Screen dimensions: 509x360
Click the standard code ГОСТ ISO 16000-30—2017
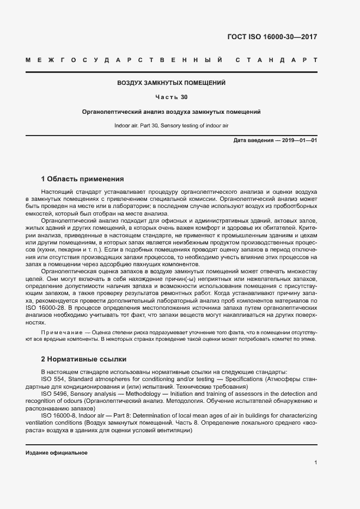click(271, 37)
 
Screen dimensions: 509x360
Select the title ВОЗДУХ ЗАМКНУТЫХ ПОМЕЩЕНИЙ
click(172, 83)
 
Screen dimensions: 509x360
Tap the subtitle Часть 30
click(172, 97)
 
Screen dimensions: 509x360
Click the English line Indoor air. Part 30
click(172, 126)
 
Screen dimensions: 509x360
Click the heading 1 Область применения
click(83, 179)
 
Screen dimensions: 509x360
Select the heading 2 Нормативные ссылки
click(84, 359)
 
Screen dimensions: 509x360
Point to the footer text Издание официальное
click(57, 453)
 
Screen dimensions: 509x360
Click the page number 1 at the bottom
click(316, 462)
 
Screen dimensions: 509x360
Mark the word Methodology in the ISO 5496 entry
click(144, 394)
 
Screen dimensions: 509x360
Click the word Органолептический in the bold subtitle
click(111, 112)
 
